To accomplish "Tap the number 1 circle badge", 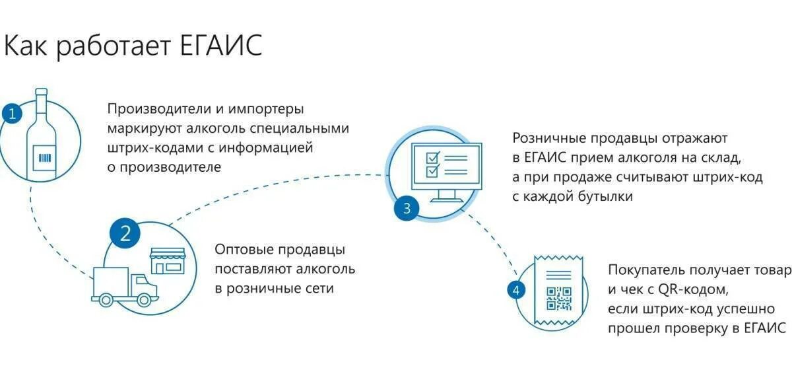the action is tap(11, 113).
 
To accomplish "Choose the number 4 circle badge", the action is tap(515, 289).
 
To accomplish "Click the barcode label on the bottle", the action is tap(45, 157).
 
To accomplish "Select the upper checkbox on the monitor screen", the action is tap(432, 158).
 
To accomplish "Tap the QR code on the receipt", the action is tap(559, 299).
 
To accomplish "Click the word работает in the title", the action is tap(118, 46).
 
